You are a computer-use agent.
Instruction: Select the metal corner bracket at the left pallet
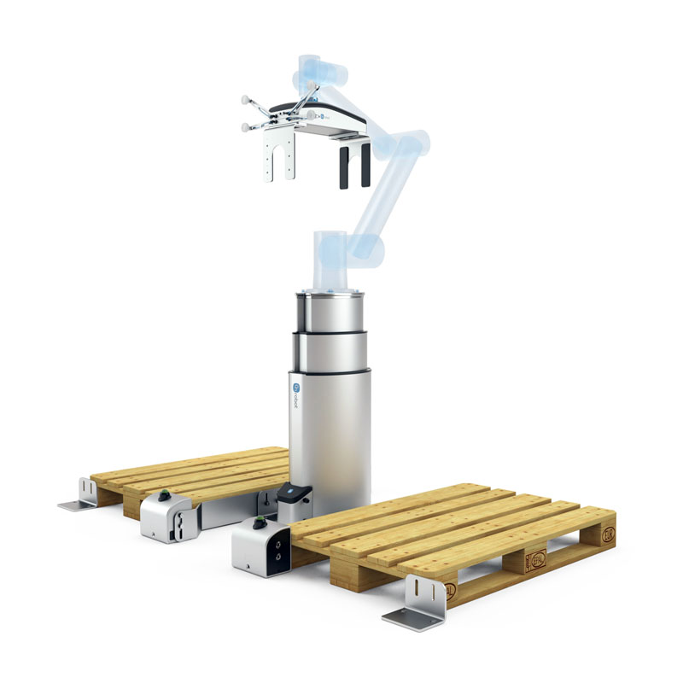(x=84, y=494)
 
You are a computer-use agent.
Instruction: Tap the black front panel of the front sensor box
(x=277, y=552)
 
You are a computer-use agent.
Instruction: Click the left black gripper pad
(x=343, y=166)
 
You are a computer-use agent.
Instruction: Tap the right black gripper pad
(x=365, y=165)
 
